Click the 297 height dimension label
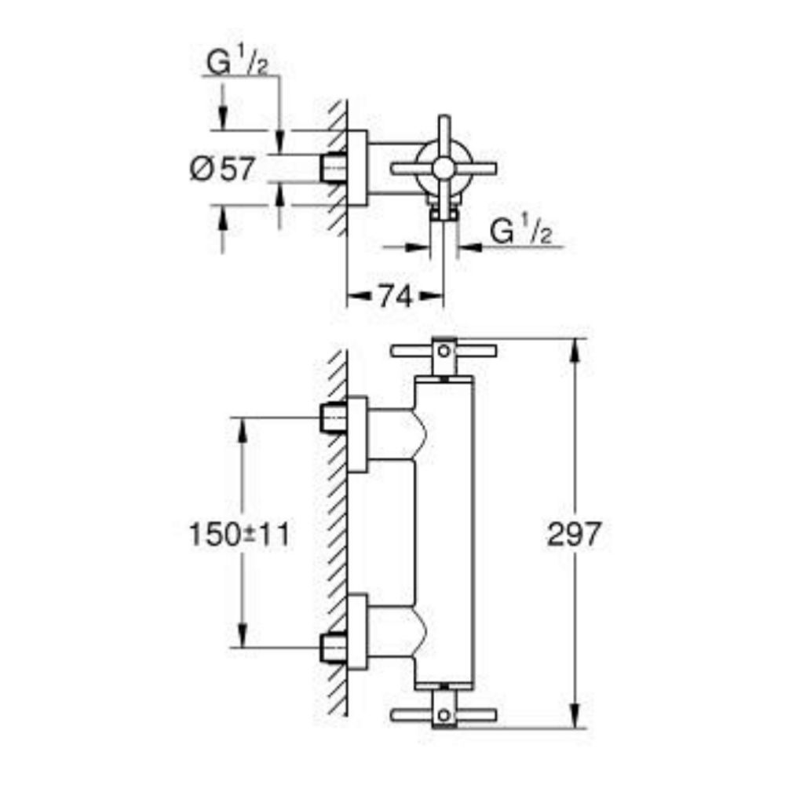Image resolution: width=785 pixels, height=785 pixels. [573, 535]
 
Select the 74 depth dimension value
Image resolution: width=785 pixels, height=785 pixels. [395, 297]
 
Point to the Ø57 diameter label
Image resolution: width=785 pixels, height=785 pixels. [222, 169]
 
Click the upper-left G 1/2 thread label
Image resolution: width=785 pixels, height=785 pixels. [235, 63]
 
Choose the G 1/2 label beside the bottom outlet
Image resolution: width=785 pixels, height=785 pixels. [520, 232]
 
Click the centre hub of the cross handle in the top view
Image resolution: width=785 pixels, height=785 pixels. [444, 167]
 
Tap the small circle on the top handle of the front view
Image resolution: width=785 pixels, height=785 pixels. [445, 349]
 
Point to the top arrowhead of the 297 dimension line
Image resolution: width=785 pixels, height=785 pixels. [578, 345]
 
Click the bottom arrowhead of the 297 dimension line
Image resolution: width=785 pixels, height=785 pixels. [578, 721]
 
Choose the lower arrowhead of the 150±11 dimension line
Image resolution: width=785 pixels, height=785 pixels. [242, 638]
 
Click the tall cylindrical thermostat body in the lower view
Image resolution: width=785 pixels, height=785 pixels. [445, 534]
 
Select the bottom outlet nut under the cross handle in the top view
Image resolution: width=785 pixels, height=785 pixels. [444, 210]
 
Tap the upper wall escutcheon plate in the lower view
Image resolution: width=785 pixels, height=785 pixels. [357, 434]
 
